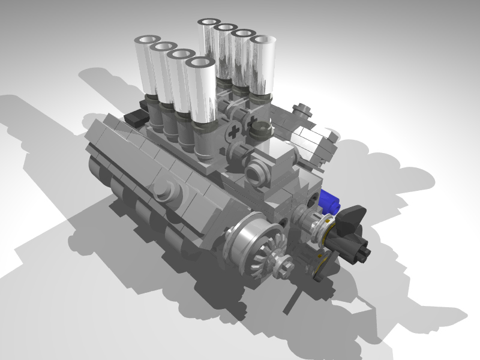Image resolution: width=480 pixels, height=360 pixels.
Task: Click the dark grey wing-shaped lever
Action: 352,215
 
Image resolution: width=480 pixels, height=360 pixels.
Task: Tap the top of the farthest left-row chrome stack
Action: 146,41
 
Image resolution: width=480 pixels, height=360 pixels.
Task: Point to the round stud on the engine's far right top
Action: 301,110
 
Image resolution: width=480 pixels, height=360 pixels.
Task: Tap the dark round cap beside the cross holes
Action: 236,154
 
